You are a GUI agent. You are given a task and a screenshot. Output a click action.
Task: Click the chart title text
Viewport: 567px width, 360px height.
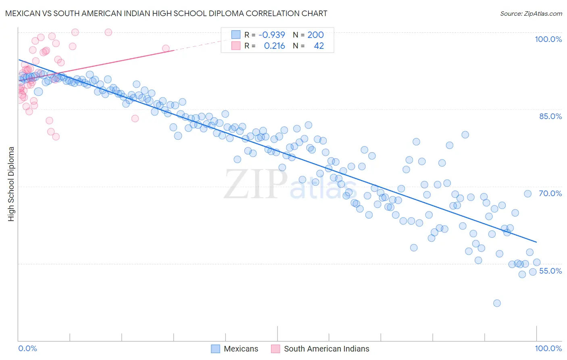(166, 13)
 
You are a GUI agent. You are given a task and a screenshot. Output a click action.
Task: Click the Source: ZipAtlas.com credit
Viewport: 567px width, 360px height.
(531, 13)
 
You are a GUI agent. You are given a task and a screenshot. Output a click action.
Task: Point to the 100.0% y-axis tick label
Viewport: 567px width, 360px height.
(548, 39)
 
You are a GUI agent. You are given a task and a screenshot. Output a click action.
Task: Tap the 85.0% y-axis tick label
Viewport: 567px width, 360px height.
(550, 116)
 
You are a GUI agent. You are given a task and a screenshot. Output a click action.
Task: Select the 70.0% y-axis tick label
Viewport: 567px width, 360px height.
(550, 193)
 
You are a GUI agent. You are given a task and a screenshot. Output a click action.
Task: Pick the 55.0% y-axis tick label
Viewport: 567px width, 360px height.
(550, 271)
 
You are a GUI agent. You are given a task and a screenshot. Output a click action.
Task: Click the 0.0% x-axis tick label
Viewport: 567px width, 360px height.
(27, 348)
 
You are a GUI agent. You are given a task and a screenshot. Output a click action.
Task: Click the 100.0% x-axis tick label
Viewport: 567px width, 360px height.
(548, 348)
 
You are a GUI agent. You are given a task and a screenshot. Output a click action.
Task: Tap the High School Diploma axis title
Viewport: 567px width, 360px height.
(11, 184)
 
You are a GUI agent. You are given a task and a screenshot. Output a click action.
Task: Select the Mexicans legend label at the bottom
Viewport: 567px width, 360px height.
(241, 349)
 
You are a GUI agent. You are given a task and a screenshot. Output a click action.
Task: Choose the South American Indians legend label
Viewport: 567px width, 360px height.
(326, 349)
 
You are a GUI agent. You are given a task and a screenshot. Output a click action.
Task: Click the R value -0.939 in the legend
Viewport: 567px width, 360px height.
(272, 35)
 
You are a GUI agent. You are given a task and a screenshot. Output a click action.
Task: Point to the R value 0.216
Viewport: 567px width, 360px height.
(274, 46)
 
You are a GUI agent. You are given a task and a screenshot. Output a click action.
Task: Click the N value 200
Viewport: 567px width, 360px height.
(315, 35)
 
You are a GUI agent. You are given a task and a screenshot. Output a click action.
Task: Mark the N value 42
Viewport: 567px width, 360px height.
(319, 46)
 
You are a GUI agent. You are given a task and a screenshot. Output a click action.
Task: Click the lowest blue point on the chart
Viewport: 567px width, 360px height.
(497, 303)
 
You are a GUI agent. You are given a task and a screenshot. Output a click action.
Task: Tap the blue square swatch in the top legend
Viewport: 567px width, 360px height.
(236, 35)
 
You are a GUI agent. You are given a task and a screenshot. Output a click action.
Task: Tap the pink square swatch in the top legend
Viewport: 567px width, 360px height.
(236, 46)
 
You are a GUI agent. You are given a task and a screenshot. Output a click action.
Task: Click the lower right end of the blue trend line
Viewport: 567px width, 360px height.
(536, 242)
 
